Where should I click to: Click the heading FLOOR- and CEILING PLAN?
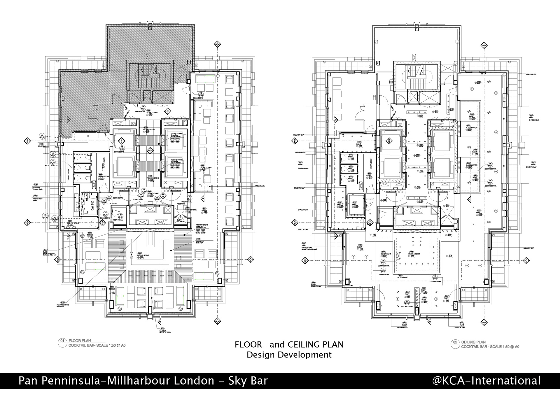tap(289, 344)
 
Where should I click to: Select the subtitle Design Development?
tap(289, 355)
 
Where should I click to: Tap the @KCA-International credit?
tap(486, 381)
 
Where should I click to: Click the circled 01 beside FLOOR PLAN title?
tap(62, 341)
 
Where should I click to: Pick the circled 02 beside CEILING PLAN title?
tap(455, 342)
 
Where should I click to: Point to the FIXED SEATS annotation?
tap(259, 186)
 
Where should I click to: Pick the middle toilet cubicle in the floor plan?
tap(82, 168)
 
